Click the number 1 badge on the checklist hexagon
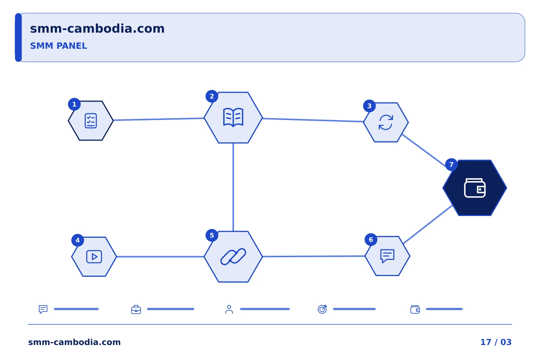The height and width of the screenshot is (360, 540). (x=74, y=104)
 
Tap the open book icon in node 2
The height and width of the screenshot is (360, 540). (x=233, y=117)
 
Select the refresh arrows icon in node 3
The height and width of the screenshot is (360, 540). (x=386, y=122)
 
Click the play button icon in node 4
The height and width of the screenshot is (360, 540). (x=94, y=256)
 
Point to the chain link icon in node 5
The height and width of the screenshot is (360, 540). (x=233, y=256)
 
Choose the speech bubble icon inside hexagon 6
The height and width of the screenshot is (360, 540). (x=387, y=256)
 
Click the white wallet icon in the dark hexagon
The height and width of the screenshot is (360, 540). (x=475, y=188)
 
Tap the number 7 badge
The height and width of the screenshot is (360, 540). (x=451, y=165)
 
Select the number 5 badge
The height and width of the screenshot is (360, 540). (x=211, y=235)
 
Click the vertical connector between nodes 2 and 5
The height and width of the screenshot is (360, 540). (x=233, y=187)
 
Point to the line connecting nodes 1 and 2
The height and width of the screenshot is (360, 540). (x=159, y=119)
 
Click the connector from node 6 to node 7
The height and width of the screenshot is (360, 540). (x=427, y=225)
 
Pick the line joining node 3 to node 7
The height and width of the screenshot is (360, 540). (x=424, y=150)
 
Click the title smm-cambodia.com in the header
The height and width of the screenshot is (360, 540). (x=97, y=28)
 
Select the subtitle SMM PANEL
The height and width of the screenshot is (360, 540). (x=58, y=46)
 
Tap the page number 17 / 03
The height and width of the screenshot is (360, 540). (x=496, y=342)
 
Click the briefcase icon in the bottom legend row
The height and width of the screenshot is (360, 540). (x=136, y=309)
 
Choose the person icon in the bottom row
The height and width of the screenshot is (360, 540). (x=229, y=309)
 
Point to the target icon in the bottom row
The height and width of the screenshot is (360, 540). (x=322, y=309)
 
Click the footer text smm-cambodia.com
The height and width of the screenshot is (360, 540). (x=74, y=342)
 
